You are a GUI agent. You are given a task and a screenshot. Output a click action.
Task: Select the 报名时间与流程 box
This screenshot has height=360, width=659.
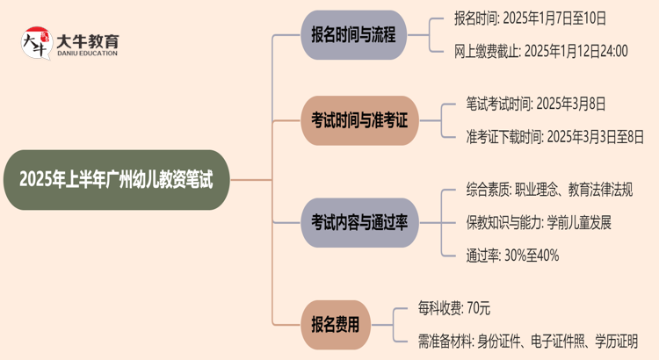pyautogui.click(x=353, y=35)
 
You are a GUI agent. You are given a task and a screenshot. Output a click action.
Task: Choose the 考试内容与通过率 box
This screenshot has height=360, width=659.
pyautogui.click(x=359, y=222)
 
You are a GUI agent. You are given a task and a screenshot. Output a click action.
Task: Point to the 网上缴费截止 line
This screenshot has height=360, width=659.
pyautogui.click(x=541, y=51)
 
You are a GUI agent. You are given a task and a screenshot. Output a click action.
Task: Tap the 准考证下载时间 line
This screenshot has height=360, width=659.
pyautogui.click(x=555, y=136)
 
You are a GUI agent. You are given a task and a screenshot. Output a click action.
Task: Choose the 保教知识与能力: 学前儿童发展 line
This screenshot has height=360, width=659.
pyautogui.click(x=539, y=222)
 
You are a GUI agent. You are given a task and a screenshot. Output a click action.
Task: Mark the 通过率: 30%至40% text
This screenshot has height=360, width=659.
pyautogui.click(x=512, y=255)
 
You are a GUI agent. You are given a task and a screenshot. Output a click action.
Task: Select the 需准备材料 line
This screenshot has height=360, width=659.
pyautogui.click(x=527, y=340)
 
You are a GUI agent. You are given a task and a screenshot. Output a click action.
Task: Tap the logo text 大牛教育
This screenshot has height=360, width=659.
pyautogui.click(x=87, y=40)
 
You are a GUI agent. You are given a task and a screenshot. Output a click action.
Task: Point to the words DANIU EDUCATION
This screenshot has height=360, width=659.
pyautogui.click(x=87, y=54)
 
